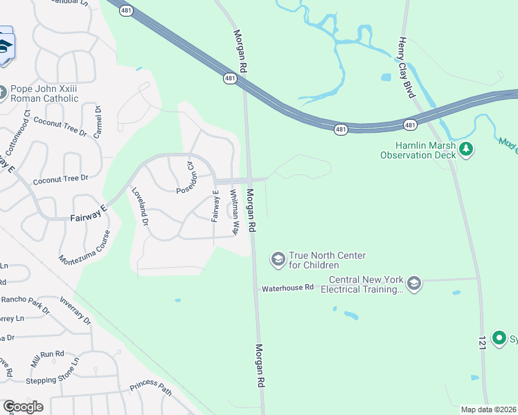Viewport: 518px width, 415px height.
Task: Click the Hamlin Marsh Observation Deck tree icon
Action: (x=467, y=149)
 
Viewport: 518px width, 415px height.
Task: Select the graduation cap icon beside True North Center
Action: (x=278, y=259)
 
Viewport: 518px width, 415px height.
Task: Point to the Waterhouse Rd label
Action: (x=287, y=287)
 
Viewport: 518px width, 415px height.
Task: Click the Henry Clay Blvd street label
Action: (x=405, y=67)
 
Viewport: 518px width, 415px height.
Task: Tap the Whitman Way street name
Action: (x=235, y=211)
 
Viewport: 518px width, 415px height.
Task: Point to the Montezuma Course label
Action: (x=85, y=243)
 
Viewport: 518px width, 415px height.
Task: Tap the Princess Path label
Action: (x=150, y=389)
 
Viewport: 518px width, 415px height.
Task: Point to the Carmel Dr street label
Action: (x=98, y=121)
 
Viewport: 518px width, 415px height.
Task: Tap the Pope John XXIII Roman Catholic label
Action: (x=44, y=93)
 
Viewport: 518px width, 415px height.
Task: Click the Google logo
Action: (x=23, y=406)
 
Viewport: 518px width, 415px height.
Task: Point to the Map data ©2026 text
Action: (x=488, y=409)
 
